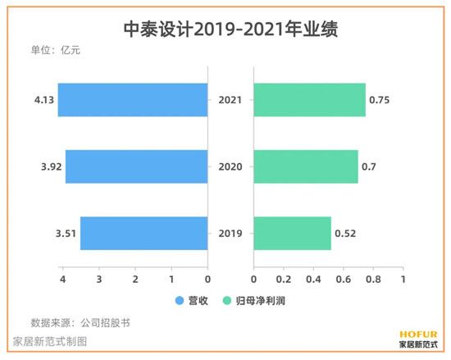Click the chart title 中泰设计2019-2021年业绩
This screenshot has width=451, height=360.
225,30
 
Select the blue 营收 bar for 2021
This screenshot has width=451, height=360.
133,100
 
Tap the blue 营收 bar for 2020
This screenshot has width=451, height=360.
136,166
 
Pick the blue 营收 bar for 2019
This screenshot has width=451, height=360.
143,233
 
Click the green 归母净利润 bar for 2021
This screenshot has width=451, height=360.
309,100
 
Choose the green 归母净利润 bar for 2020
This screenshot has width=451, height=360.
306,166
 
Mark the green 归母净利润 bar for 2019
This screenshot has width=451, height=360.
292,233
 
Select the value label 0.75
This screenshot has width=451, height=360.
380,100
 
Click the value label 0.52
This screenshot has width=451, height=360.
345,233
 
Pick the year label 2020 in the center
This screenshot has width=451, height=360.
230,166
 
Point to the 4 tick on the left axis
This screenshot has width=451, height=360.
62,279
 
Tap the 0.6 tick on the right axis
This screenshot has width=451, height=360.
343,279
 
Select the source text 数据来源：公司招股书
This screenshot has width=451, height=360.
80,322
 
